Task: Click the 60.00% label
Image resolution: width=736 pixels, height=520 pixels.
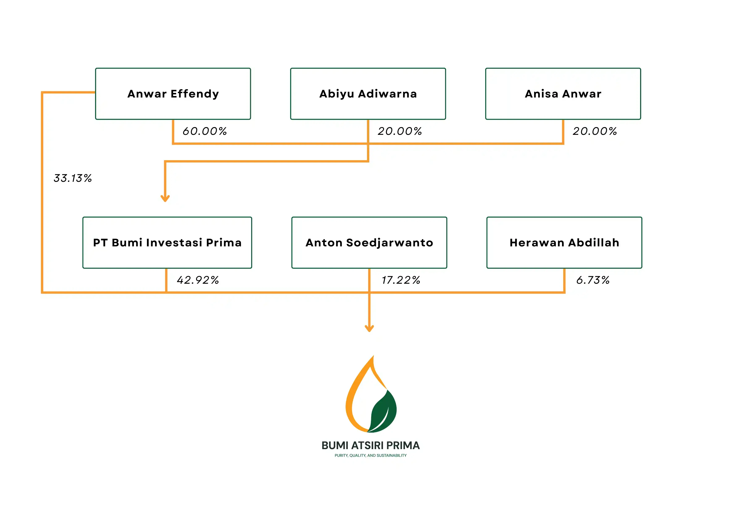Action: tap(205, 131)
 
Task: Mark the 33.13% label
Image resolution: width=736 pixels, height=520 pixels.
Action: tap(72, 178)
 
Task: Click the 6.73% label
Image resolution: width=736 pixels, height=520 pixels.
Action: tap(593, 280)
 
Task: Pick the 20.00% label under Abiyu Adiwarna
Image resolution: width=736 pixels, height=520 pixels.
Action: tap(400, 131)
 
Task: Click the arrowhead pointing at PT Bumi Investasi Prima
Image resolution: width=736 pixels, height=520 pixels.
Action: tap(165, 199)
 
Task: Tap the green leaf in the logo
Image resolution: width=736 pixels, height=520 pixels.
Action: tap(383, 411)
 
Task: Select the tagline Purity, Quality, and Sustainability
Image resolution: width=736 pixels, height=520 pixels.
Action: tap(371, 455)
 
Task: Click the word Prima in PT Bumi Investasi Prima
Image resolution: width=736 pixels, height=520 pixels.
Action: tap(224, 243)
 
